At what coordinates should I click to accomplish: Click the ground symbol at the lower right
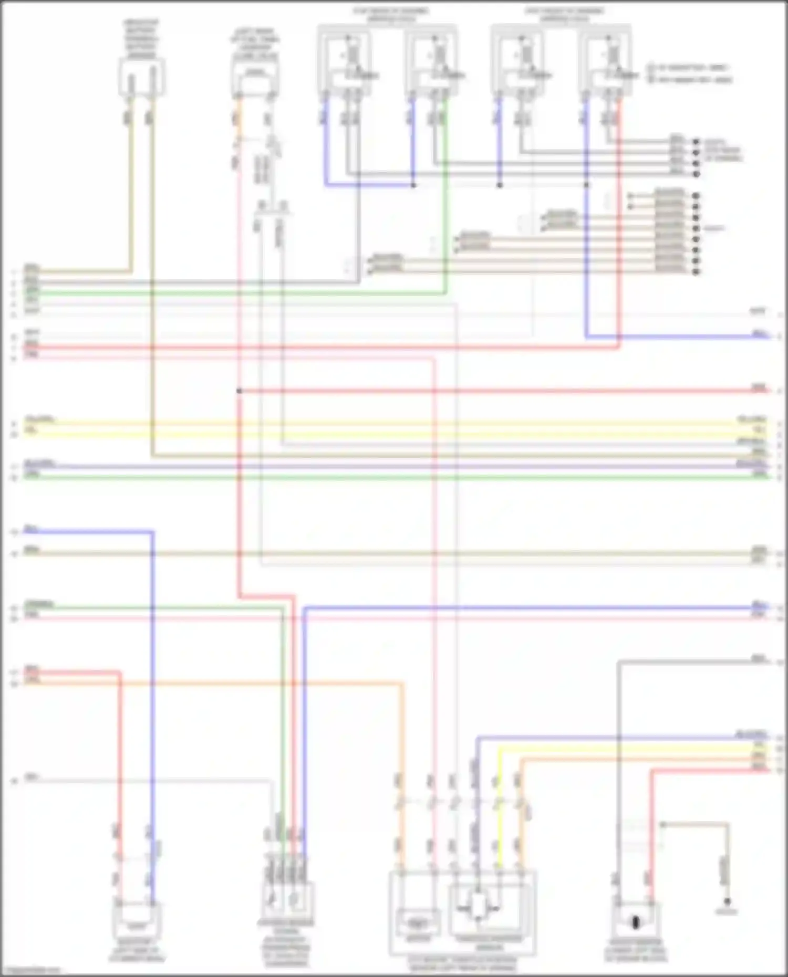click(x=727, y=901)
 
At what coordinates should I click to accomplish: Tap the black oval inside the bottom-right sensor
click(x=635, y=922)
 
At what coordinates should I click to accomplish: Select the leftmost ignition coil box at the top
click(x=344, y=63)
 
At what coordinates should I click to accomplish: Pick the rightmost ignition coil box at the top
click(x=606, y=63)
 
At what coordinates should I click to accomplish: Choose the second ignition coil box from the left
click(x=431, y=63)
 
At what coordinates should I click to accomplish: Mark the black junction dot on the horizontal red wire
click(x=239, y=391)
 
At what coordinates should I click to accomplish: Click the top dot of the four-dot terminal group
click(x=696, y=142)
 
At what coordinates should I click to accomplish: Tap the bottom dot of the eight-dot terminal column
click(x=696, y=272)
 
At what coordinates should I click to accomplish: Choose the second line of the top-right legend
click(x=691, y=80)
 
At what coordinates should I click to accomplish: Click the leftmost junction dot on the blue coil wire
click(x=413, y=185)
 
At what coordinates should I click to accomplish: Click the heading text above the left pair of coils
click(x=390, y=15)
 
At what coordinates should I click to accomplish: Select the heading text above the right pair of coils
click(x=564, y=15)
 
